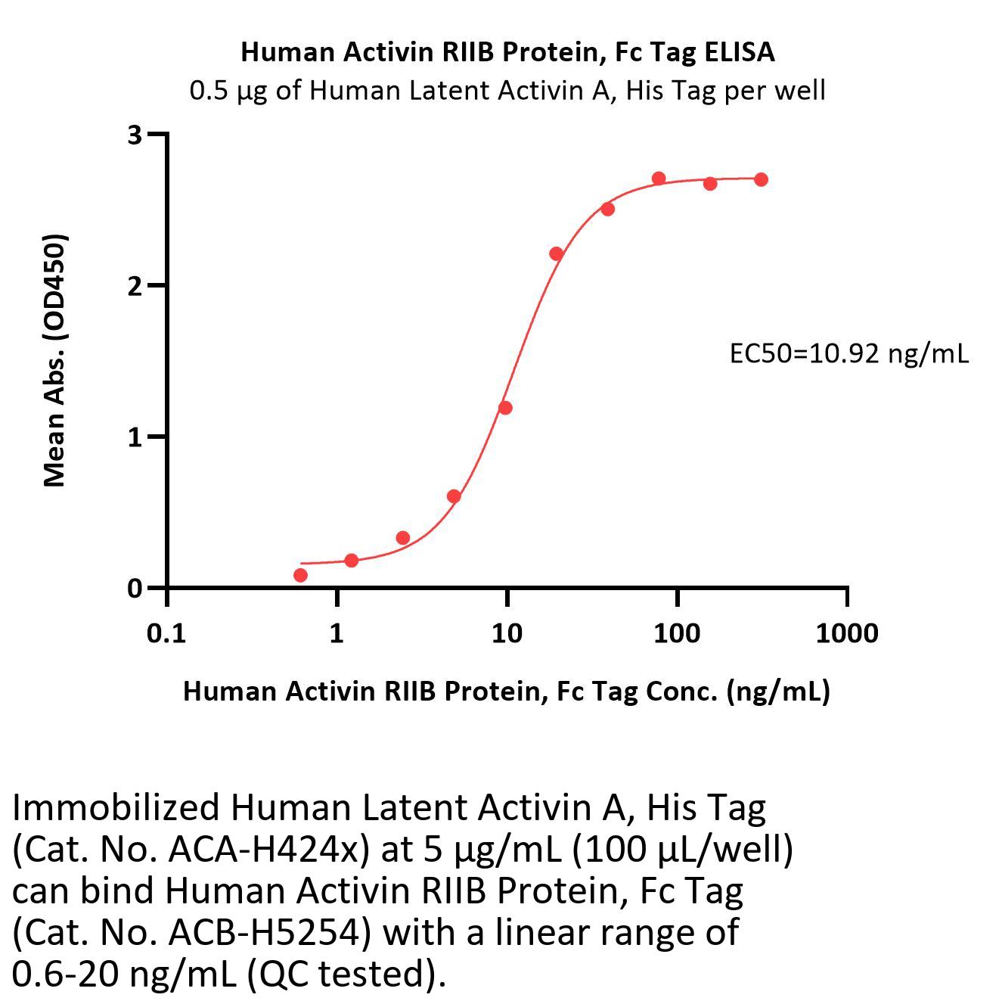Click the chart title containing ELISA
[x=507, y=53]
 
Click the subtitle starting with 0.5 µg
[x=507, y=92]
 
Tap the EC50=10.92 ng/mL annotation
[x=849, y=354]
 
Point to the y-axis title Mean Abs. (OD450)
[x=55, y=361]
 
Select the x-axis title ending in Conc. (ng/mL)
[x=506, y=692]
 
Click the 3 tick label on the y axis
[x=135, y=135]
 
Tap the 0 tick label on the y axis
[x=135, y=588]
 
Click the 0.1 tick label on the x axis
[x=166, y=633]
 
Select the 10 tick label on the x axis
[x=507, y=633]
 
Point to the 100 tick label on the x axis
[x=677, y=633]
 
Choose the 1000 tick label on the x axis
[x=847, y=633]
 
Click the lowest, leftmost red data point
[x=300, y=575]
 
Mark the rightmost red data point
[x=762, y=180]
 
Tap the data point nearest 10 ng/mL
[x=505, y=408]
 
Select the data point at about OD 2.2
[x=556, y=253]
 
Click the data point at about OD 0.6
[x=454, y=496]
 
